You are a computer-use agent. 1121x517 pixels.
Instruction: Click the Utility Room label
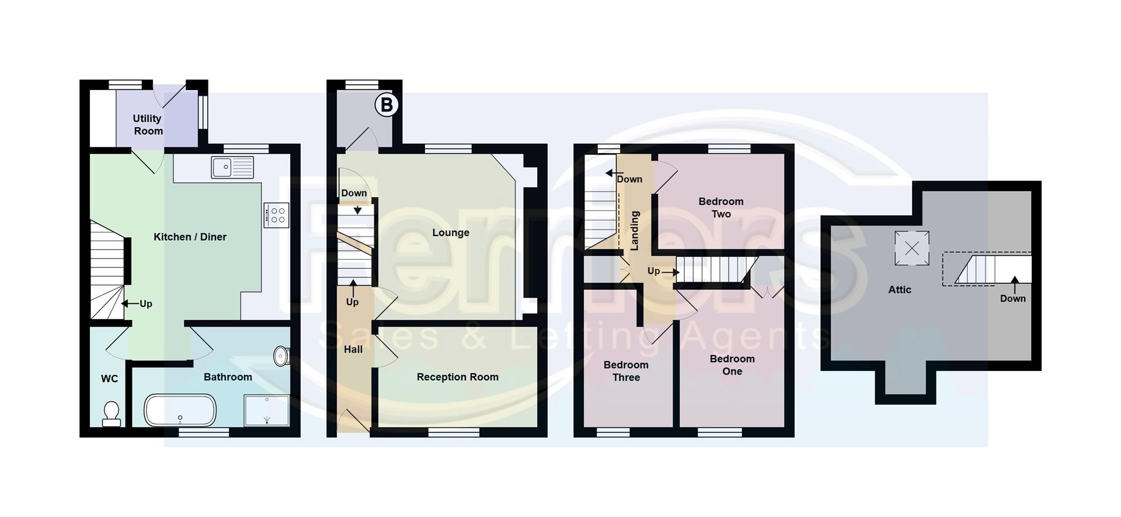(x=148, y=124)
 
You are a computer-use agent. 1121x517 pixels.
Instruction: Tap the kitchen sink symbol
(x=232, y=167)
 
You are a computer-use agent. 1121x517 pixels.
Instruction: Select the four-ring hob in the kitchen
(x=277, y=214)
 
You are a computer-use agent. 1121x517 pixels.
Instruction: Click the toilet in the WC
(x=111, y=414)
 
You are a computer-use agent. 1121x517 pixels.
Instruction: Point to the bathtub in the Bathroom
(x=180, y=410)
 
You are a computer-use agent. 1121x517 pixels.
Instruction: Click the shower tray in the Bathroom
(x=267, y=410)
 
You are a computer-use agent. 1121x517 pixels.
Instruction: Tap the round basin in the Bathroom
(x=281, y=356)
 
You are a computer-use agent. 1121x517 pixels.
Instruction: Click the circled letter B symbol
(x=386, y=105)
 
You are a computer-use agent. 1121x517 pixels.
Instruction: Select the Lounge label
(x=450, y=233)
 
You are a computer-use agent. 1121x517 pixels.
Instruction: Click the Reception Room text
(x=457, y=377)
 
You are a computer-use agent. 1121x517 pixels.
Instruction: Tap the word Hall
(x=353, y=349)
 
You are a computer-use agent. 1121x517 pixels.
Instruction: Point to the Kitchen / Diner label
(x=190, y=237)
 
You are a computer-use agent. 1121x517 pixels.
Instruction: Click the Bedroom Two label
(x=721, y=207)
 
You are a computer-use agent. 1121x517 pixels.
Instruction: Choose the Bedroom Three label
(x=626, y=371)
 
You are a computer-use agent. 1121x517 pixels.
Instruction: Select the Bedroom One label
(x=732, y=365)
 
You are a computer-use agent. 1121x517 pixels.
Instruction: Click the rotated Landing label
(x=635, y=231)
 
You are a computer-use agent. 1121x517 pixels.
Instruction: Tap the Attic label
(x=899, y=289)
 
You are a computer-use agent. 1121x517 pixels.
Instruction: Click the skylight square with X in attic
(x=911, y=248)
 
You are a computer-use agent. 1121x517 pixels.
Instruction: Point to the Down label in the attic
(x=1012, y=299)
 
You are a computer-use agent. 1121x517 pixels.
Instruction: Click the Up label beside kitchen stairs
(x=145, y=304)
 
